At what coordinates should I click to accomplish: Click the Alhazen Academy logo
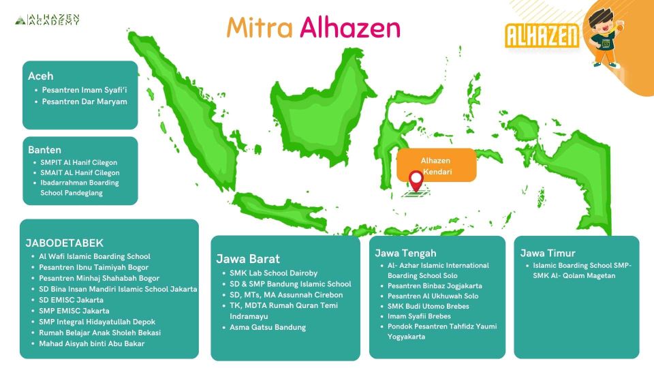click(x=48, y=20)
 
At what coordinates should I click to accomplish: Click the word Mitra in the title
click(x=260, y=27)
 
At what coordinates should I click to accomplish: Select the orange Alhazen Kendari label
click(x=436, y=166)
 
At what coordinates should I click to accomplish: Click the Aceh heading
click(x=40, y=76)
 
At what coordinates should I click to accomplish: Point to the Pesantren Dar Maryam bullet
click(x=84, y=102)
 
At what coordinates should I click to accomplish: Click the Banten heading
click(x=44, y=149)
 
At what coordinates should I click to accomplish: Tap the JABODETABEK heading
click(x=64, y=243)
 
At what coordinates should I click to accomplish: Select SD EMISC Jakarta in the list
click(x=71, y=300)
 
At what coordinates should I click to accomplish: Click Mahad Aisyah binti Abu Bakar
click(x=91, y=343)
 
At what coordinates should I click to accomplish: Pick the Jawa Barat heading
click(x=248, y=258)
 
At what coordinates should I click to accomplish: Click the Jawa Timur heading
click(x=548, y=253)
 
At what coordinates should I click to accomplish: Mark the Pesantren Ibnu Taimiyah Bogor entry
click(x=93, y=267)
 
